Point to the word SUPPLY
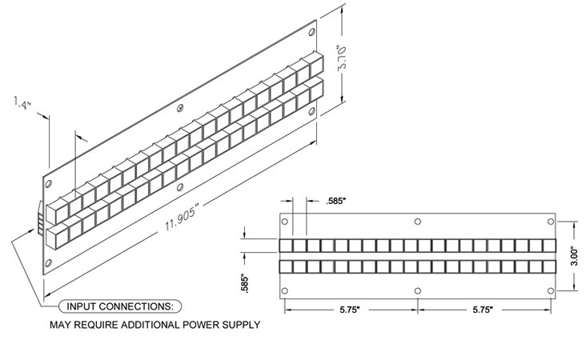pyautogui.click(x=241, y=326)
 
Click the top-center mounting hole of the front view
pyautogui.click(x=417, y=221)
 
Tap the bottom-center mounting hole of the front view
pyautogui.click(x=417, y=291)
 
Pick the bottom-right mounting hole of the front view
pyautogui.click(x=550, y=290)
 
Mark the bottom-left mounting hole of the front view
pyautogui.click(x=284, y=290)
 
